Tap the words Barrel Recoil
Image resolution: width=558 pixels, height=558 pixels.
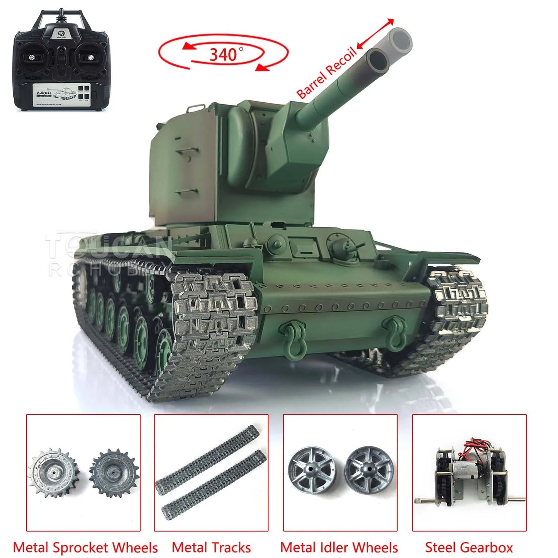(x=326, y=73)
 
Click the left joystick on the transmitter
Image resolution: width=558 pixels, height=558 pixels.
(x=31, y=58)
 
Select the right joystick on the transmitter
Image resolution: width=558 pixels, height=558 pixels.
(x=91, y=58)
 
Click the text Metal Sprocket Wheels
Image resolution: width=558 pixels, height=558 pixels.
(x=85, y=547)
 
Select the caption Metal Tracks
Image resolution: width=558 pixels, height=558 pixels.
(x=211, y=547)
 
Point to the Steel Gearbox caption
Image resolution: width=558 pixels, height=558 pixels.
(x=469, y=547)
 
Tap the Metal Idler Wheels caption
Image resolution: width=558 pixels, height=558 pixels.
(x=339, y=547)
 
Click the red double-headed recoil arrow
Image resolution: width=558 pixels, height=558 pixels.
(x=375, y=34)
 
